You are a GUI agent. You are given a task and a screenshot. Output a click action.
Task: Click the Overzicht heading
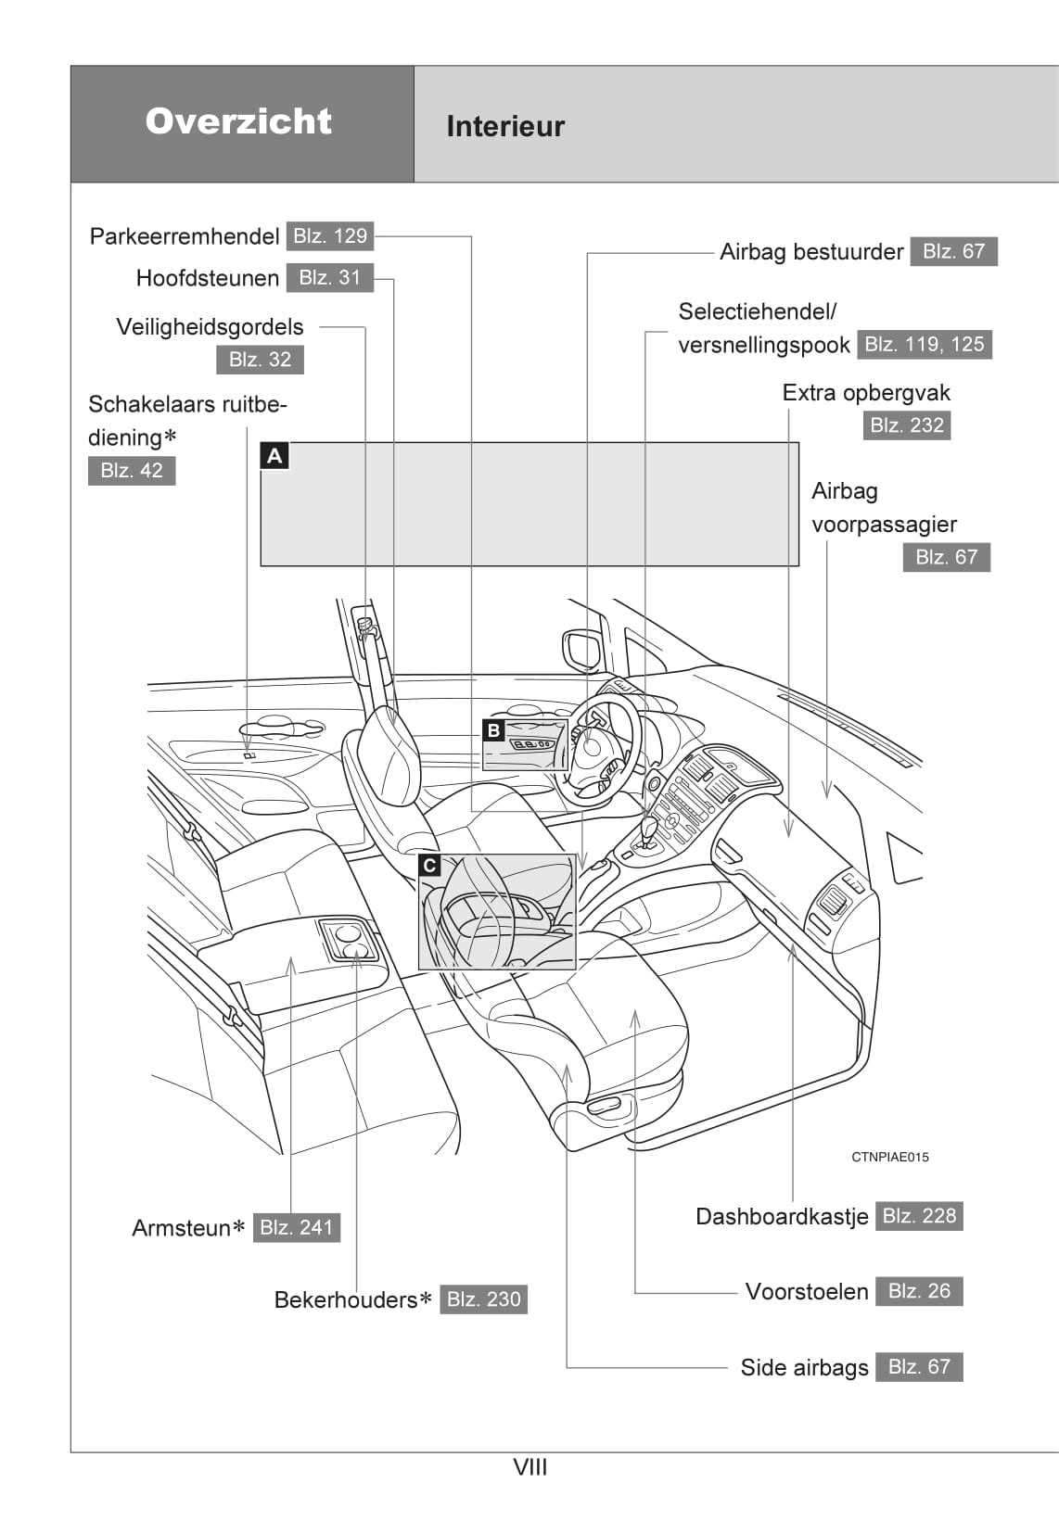pyautogui.click(x=238, y=121)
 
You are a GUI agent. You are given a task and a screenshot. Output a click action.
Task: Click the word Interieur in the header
pyautogui.click(x=505, y=126)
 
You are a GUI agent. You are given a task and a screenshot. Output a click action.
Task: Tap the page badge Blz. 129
pyautogui.click(x=330, y=236)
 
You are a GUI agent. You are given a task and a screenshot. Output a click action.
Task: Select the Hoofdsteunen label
pyautogui.click(x=208, y=278)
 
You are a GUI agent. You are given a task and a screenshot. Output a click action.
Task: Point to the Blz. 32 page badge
pyautogui.click(x=260, y=360)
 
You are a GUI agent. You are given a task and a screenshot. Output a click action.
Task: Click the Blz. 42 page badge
pyautogui.click(x=132, y=471)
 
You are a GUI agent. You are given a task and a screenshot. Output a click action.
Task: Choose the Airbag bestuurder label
pyautogui.click(x=811, y=252)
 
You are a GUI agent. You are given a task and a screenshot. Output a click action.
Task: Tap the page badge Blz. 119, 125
pyautogui.click(x=924, y=345)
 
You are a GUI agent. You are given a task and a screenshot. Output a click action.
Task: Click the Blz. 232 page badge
pyautogui.click(x=907, y=425)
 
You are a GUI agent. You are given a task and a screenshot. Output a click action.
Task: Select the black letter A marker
pyautogui.click(x=274, y=456)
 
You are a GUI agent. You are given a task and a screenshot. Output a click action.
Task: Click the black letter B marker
pyautogui.click(x=493, y=730)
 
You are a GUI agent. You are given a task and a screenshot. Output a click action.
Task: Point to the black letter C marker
pyautogui.click(x=429, y=866)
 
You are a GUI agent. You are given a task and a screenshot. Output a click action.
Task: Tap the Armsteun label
pyautogui.click(x=182, y=1228)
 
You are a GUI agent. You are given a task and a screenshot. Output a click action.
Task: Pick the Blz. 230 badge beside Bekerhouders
pyautogui.click(x=483, y=1299)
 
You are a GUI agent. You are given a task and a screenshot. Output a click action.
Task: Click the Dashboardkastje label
pyautogui.click(x=782, y=1217)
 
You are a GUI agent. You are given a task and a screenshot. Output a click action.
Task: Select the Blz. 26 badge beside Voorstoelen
pyautogui.click(x=919, y=1291)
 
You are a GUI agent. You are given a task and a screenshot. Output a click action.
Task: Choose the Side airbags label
pyautogui.click(x=804, y=1368)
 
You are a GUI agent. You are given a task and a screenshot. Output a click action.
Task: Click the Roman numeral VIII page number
pyautogui.click(x=530, y=1467)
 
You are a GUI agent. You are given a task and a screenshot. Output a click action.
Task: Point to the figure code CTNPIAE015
pyautogui.click(x=889, y=1157)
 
